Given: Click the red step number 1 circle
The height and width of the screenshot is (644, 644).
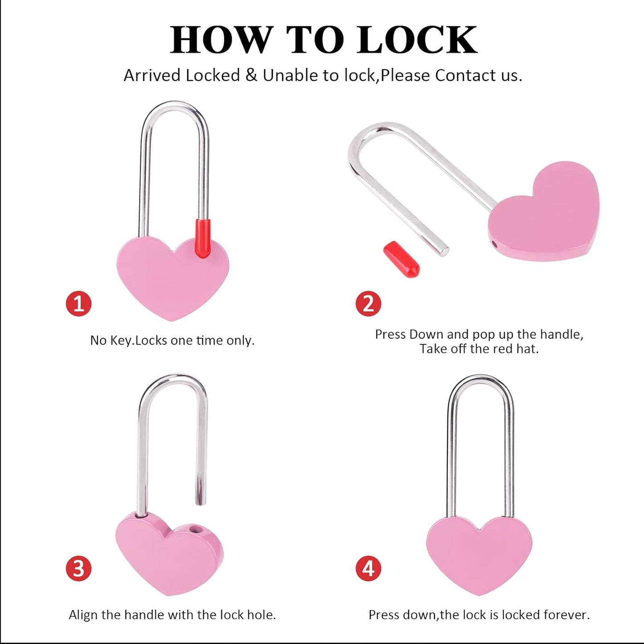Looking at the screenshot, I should [79, 304].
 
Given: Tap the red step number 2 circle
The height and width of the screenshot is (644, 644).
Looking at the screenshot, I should [368, 304].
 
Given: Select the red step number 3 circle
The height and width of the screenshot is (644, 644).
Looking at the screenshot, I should [79, 569].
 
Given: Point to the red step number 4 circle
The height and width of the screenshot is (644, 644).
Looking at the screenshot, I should [368, 569].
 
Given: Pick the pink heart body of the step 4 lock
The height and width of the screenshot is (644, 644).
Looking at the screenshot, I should [479, 553].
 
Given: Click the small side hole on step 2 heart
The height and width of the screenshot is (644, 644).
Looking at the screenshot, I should [495, 244].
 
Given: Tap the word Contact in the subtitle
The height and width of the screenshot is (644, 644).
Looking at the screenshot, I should [466, 75].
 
